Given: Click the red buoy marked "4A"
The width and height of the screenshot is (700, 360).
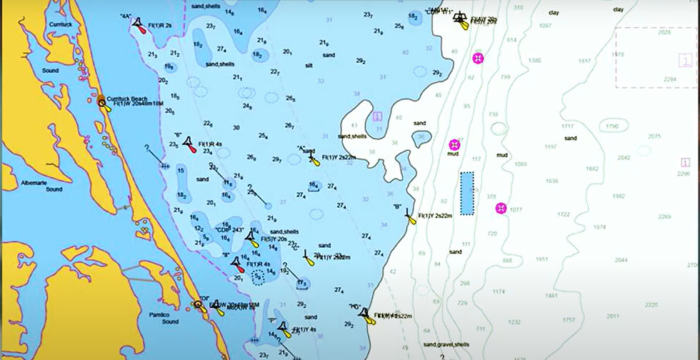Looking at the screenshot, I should click(139, 24).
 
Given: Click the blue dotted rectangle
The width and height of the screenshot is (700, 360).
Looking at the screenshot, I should click(467, 193).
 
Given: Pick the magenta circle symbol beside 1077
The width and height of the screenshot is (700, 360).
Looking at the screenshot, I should click(501, 209).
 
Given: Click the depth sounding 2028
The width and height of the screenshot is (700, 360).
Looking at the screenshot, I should click(664, 33).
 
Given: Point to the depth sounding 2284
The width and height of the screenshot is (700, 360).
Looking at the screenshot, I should click(669, 79).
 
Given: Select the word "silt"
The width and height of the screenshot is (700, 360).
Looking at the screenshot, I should click(309, 65).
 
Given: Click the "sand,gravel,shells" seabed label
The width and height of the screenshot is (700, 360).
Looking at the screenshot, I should click(446, 345).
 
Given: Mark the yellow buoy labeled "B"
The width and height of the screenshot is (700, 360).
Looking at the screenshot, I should click(409, 214).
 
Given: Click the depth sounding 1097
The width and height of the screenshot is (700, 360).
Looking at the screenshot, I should click(546, 25).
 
